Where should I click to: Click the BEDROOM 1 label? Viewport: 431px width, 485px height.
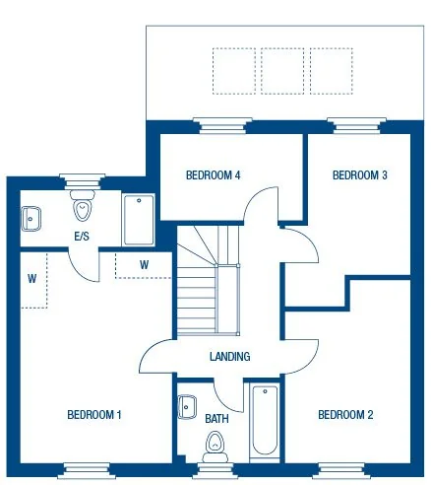93,415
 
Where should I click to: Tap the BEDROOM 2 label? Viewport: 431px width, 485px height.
345,415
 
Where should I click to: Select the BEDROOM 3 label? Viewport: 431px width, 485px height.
359,175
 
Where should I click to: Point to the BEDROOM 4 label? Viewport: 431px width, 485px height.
214,175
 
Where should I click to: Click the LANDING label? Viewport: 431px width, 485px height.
229,357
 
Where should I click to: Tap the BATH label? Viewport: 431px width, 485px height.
216,419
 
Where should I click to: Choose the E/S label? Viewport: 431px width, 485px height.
84,237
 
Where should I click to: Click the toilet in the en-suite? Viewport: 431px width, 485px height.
83,210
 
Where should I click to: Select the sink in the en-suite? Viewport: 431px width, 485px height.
31,218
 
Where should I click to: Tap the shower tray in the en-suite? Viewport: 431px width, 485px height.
138,219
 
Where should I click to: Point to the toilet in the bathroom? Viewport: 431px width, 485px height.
214,450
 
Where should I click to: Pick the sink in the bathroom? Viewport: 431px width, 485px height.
187,406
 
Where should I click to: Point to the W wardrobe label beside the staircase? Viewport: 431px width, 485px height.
144,264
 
